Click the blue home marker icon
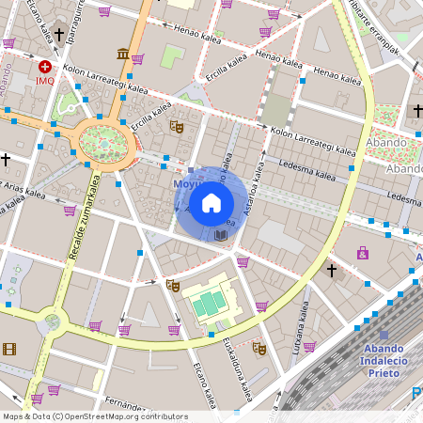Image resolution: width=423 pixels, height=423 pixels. tap(211, 203)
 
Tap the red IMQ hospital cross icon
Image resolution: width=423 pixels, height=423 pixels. tap(45, 67)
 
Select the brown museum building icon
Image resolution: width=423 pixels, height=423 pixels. tap(123, 54)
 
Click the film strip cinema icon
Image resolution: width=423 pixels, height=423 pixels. tap(9, 350)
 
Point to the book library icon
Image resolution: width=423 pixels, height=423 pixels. tap(221, 234)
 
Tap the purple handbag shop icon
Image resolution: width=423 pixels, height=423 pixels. tap(362, 252)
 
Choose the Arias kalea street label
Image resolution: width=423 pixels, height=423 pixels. tap(23, 190)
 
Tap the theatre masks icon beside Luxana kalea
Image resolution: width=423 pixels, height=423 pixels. tap(259, 349)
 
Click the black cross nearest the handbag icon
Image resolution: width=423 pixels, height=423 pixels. tap(331, 271)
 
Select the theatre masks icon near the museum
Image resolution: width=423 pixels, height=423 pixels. tap(174, 125)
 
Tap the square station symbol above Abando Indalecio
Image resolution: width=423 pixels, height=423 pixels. tap(384, 336)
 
